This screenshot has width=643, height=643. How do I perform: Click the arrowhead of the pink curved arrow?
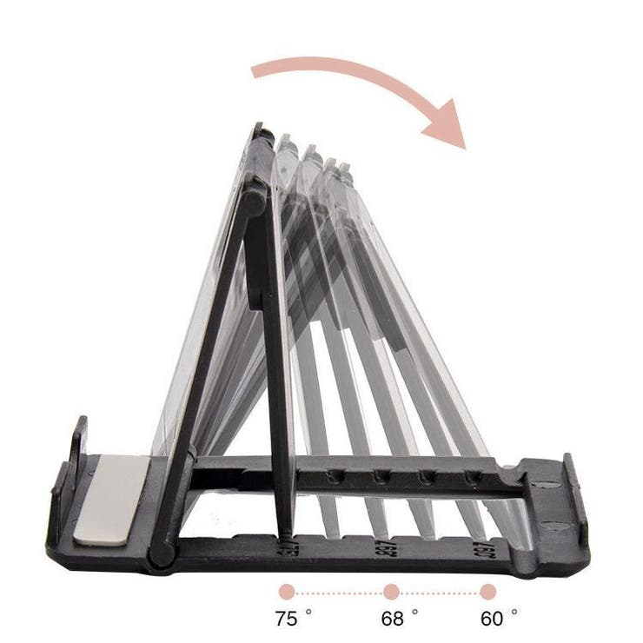[447, 125]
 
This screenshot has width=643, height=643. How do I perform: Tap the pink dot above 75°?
[287, 592]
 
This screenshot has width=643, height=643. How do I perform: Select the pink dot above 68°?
[391, 592]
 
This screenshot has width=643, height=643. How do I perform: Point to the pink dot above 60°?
[488, 592]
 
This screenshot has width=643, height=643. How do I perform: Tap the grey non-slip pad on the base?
[110, 500]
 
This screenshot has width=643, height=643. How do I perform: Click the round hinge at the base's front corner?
[161, 554]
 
